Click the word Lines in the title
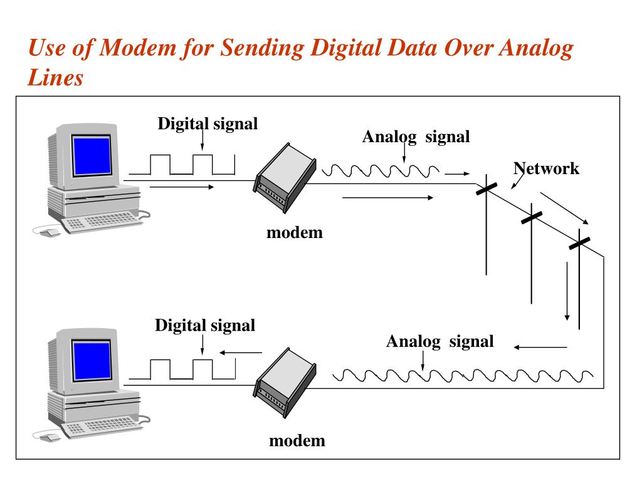(x=56, y=78)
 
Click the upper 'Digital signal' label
(x=208, y=123)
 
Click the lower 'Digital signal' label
(x=205, y=326)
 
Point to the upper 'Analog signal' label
(x=416, y=137)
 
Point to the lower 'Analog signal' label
(x=439, y=341)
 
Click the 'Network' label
(x=546, y=168)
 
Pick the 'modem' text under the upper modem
(x=294, y=233)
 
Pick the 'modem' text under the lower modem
(x=297, y=440)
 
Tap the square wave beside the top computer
(x=182, y=164)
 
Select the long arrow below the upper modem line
(x=387, y=198)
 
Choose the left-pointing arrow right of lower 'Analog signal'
(x=540, y=346)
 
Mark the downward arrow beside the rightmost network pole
(x=567, y=291)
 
